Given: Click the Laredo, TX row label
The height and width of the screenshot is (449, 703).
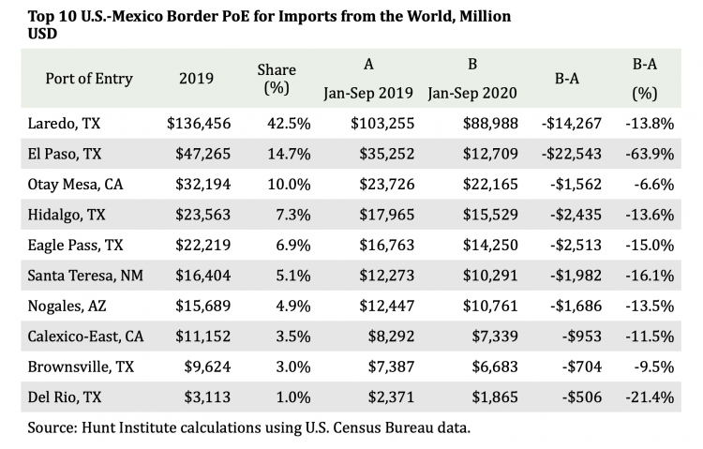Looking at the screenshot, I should click(65, 123).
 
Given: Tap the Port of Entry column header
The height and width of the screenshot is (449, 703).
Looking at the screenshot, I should click(89, 79).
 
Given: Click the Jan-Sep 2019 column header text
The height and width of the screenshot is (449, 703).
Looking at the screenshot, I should click(368, 94).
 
